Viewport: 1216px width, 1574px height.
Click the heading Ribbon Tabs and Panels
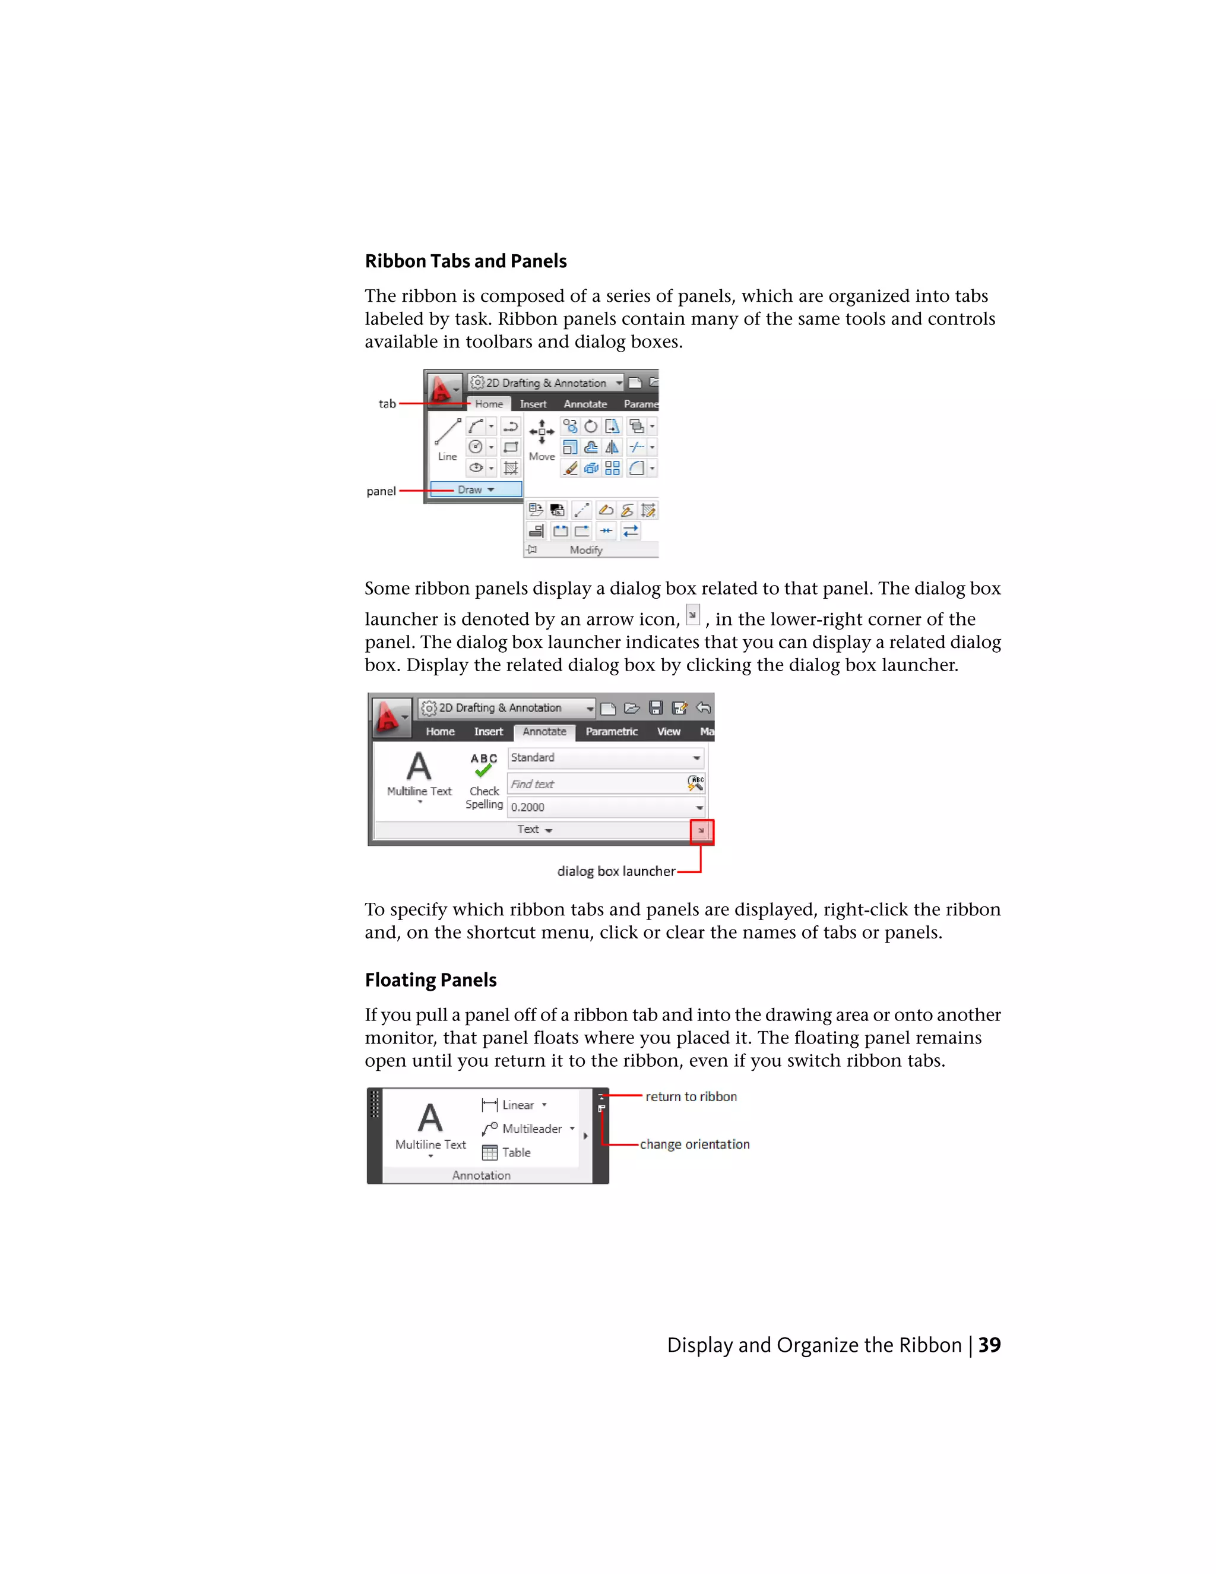pos(465,261)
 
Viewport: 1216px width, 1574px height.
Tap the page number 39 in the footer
pos(989,1345)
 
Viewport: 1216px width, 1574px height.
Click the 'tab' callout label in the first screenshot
pos(388,403)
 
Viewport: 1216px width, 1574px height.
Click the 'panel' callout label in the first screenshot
pos(381,491)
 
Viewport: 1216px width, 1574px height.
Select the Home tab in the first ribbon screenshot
pos(489,403)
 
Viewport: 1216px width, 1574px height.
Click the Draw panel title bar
pos(476,489)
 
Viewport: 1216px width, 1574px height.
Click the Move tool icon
pos(541,432)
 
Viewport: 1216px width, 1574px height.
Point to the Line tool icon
pos(447,432)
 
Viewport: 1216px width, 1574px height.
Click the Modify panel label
pos(585,550)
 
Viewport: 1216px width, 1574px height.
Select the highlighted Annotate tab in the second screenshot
pos(544,732)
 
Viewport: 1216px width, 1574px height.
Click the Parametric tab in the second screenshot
pos(611,732)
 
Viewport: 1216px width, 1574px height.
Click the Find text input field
pos(597,784)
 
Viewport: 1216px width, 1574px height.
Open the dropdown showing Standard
pos(605,757)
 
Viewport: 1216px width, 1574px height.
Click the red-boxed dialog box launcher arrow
pos(701,831)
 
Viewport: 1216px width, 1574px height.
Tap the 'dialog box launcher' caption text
pos(616,871)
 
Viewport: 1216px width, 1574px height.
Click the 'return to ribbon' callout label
pos(691,1096)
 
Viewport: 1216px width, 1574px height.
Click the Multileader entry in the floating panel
pos(531,1129)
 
